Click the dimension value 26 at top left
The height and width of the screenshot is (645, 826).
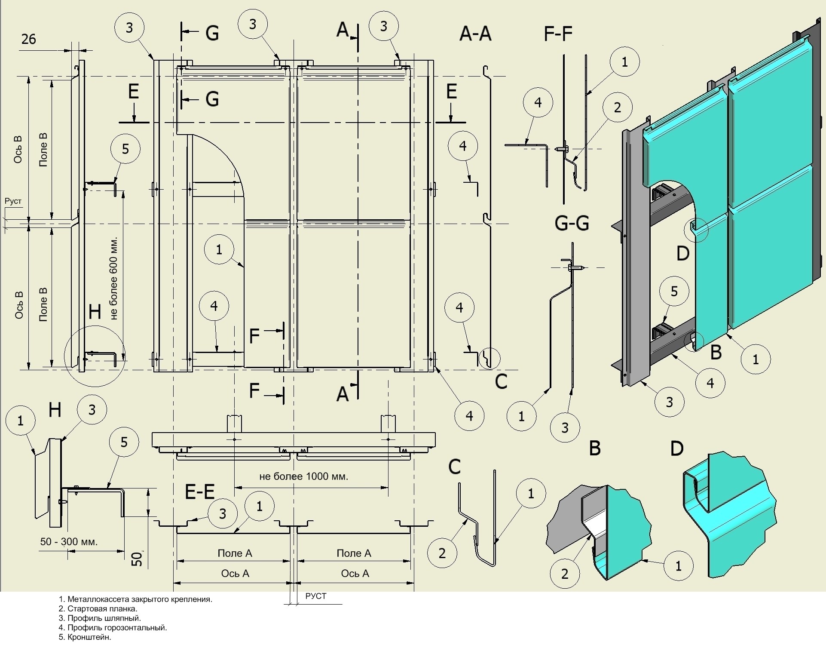tap(29, 39)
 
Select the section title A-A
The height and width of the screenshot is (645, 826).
tap(475, 33)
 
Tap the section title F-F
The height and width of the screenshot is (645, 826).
tap(558, 33)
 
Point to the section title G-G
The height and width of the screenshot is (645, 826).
tap(572, 223)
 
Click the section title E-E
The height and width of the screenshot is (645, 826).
tap(200, 491)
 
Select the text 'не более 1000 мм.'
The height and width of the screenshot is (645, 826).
tap(303, 476)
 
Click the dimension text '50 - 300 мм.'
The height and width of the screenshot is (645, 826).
tap(69, 541)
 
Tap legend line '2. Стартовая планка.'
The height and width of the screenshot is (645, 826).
tap(98, 608)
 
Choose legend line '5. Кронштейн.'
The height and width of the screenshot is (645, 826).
tap(85, 637)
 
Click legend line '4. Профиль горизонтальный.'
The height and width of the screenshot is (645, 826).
tap(113, 627)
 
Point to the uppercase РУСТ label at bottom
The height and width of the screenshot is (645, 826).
tap(316, 596)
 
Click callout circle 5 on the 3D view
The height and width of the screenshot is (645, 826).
tap(674, 292)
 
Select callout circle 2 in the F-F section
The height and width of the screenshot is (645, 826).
tap(617, 107)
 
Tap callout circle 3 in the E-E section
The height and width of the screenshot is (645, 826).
tap(223, 513)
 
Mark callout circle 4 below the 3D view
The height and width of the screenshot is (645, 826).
tap(710, 383)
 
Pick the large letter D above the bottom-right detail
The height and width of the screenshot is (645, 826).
tap(677, 449)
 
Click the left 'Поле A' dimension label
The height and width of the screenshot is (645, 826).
tap(235, 553)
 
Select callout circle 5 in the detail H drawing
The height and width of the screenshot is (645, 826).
tap(124, 442)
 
